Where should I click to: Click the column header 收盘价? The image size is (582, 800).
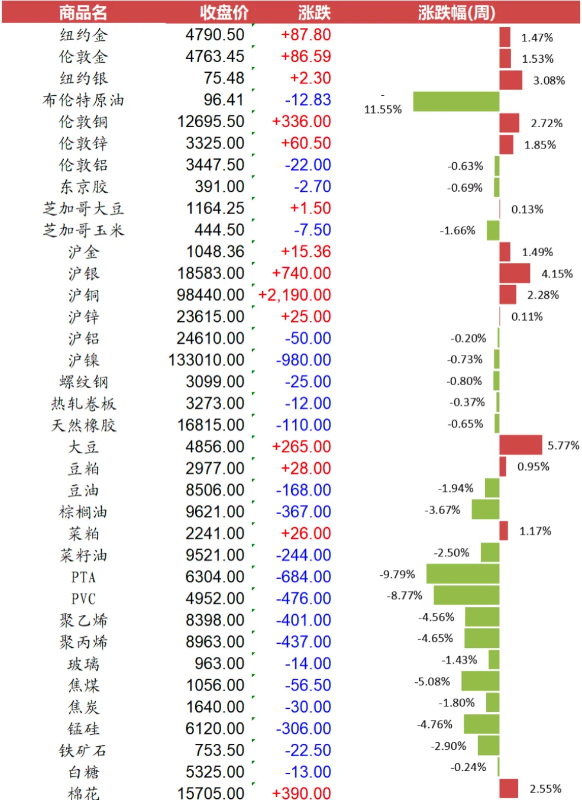[x=224, y=12]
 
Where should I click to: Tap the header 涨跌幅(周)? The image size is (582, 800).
[x=456, y=12]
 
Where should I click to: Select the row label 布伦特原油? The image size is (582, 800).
[x=83, y=100]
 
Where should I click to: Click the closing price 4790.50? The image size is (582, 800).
[x=215, y=35]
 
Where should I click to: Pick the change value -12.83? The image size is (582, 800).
[x=308, y=100]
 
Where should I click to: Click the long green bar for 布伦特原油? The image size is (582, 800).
[x=455, y=101]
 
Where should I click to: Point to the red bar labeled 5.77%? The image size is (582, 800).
[x=520, y=445]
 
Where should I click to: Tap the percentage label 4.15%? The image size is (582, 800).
[x=557, y=273]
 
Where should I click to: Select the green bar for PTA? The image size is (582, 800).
[x=463, y=574]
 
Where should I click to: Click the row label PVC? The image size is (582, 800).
[x=83, y=599]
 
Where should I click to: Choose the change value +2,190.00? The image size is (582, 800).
[x=295, y=295]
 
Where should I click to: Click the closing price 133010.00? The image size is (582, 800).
[x=206, y=360]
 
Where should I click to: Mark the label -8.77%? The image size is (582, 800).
[x=405, y=595]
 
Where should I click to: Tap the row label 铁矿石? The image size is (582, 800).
[x=83, y=750]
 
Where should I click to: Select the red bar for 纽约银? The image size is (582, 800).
[x=510, y=80]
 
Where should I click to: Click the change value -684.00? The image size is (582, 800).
[x=303, y=577]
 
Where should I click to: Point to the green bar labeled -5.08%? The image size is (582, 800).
[x=480, y=681]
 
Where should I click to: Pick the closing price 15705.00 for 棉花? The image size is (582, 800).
[x=211, y=793]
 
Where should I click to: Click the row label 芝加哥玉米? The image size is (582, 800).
[x=83, y=230]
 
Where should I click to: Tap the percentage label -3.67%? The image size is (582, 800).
[x=442, y=509]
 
